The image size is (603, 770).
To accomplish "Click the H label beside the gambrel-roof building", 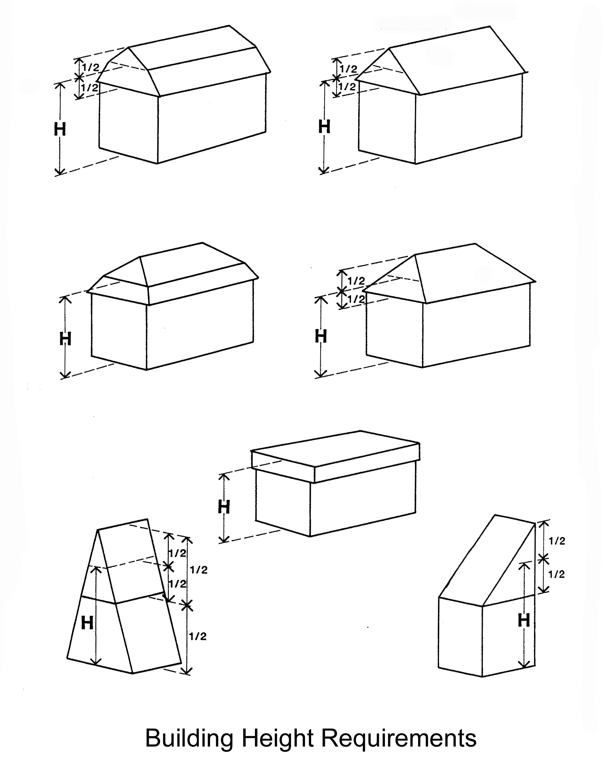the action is (x=60, y=130).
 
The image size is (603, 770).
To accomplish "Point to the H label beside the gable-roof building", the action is (x=324, y=127).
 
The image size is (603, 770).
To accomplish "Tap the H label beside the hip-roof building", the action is (x=321, y=336).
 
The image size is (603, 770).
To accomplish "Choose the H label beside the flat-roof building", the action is (x=224, y=507).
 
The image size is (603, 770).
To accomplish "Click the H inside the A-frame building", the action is (x=87, y=623).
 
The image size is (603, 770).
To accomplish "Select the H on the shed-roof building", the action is (x=524, y=620).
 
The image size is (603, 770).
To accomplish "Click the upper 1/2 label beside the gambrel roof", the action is (x=90, y=67).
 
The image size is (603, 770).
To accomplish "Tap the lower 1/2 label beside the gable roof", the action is (x=348, y=86).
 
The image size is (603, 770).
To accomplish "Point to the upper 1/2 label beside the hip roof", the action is (x=356, y=281).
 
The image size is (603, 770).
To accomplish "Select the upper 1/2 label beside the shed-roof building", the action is (x=557, y=541).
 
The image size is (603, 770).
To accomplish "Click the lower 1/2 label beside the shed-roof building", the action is (x=556, y=574).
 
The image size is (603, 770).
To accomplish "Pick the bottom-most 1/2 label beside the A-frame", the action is (x=197, y=636).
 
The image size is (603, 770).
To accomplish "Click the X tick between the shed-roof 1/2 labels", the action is (x=544, y=558).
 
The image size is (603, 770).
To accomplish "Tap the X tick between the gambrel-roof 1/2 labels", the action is (x=79, y=76).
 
